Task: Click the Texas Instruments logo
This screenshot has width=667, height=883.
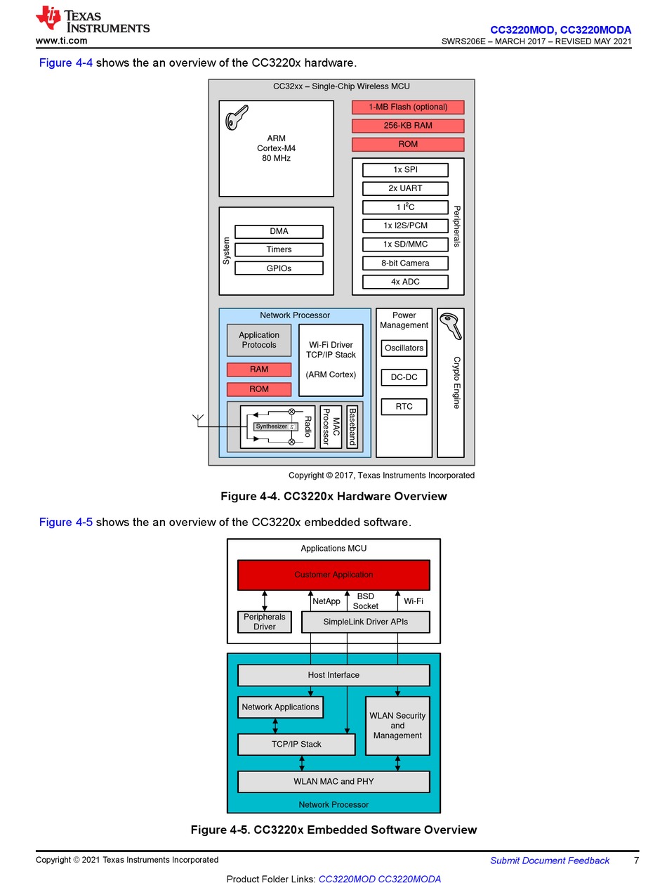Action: [92, 18]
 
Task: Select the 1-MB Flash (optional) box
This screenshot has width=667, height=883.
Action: [408, 107]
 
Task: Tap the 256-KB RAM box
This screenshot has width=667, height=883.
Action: [408, 126]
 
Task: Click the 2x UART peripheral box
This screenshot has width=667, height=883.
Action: [405, 188]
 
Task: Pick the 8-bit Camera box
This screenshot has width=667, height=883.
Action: [405, 263]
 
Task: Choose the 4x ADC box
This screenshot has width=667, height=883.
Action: [405, 282]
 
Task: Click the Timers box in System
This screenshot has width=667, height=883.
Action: [279, 249]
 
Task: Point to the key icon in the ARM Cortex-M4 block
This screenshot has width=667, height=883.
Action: [237, 117]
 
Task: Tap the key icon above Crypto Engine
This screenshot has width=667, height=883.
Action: [451, 326]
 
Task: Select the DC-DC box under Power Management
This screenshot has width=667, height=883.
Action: [404, 377]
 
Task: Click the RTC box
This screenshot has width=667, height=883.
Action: [404, 406]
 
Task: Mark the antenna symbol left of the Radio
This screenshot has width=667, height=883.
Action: [198, 420]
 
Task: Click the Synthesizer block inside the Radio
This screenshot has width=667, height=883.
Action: [275, 426]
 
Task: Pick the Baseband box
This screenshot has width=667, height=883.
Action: [352, 426]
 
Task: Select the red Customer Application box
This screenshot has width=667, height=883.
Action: [333, 575]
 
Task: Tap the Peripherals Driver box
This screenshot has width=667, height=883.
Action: [264, 622]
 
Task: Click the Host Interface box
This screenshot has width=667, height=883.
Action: [333, 674]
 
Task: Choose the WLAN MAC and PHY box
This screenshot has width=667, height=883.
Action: [333, 781]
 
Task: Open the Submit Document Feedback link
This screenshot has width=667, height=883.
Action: [549, 860]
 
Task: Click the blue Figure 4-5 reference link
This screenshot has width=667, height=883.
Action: [65, 522]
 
